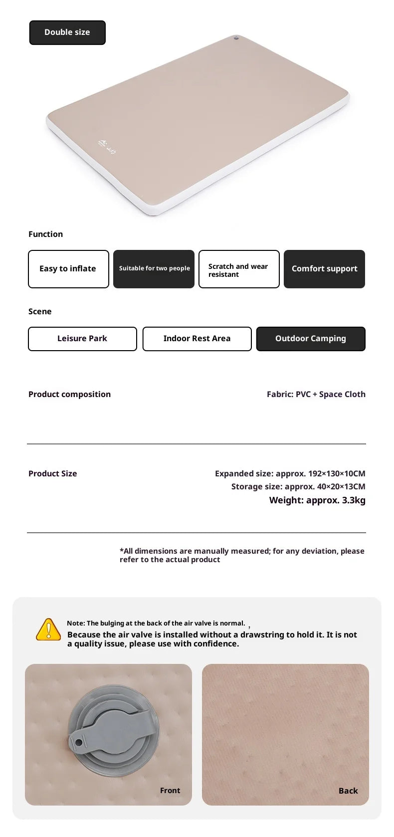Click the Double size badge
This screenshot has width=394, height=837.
[67, 32]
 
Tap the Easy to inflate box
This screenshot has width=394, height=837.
[68, 269]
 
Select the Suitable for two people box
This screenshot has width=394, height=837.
[154, 269]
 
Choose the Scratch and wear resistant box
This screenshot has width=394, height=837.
[239, 269]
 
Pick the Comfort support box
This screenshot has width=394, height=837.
[324, 269]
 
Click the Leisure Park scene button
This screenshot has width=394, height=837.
[82, 339]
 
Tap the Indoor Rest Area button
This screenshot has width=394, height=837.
[197, 339]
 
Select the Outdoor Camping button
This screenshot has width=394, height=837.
[311, 339]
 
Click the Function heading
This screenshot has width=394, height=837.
[45, 234]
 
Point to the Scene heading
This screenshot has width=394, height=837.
[40, 312]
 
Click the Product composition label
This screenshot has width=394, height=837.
[69, 394]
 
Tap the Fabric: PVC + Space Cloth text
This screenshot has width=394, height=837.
[316, 394]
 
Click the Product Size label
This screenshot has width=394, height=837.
[52, 473]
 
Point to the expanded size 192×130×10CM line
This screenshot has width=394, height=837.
[290, 473]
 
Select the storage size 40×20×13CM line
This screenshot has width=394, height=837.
[298, 486]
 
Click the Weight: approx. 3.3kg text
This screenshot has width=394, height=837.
[317, 500]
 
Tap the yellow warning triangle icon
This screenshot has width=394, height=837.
[48, 629]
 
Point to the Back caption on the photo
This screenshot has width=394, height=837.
[348, 791]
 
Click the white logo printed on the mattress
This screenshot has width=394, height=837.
[107, 147]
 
